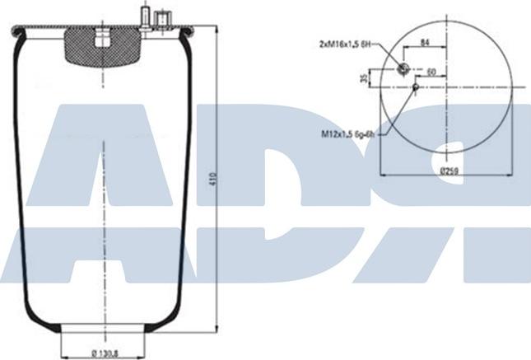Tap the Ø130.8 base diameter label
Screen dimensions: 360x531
pos(103,354)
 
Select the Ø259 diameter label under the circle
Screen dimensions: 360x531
pos(448,171)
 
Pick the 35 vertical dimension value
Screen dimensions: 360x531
pos(363,79)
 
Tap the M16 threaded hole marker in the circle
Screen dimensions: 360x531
pos(403,69)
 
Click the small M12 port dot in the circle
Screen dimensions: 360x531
pos(416,86)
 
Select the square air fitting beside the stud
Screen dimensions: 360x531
pos(162,17)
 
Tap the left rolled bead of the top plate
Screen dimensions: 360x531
pos(17,32)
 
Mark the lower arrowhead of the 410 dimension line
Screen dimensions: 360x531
pos(216,330)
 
